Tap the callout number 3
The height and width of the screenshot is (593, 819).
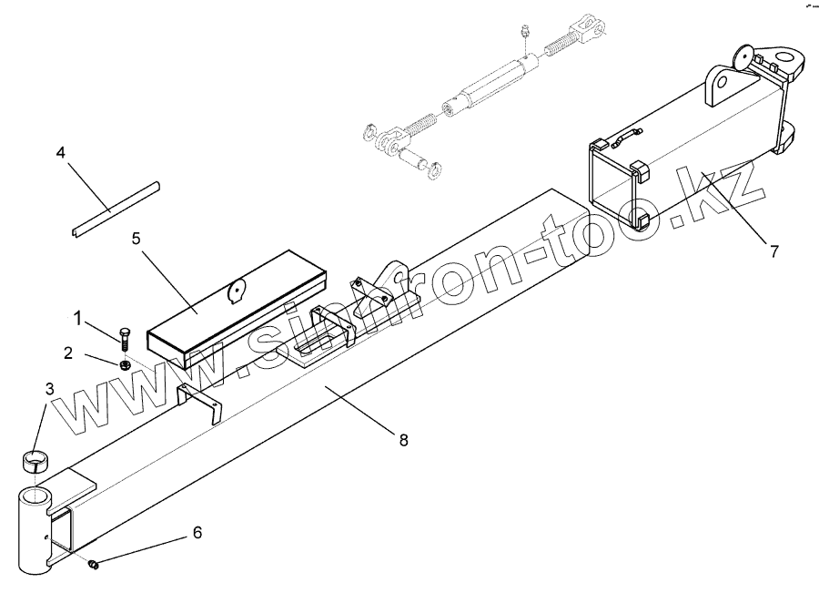(x=49, y=389)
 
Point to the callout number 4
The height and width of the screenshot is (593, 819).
(x=61, y=152)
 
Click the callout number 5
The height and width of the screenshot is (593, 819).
(x=136, y=240)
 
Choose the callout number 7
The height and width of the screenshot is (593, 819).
(x=773, y=252)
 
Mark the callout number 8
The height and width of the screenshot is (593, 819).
(x=403, y=439)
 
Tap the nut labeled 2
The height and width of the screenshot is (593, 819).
(x=126, y=364)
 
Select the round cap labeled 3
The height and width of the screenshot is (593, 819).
(x=35, y=461)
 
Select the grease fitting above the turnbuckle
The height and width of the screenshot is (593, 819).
(x=526, y=33)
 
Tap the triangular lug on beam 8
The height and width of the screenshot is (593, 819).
(x=395, y=275)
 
